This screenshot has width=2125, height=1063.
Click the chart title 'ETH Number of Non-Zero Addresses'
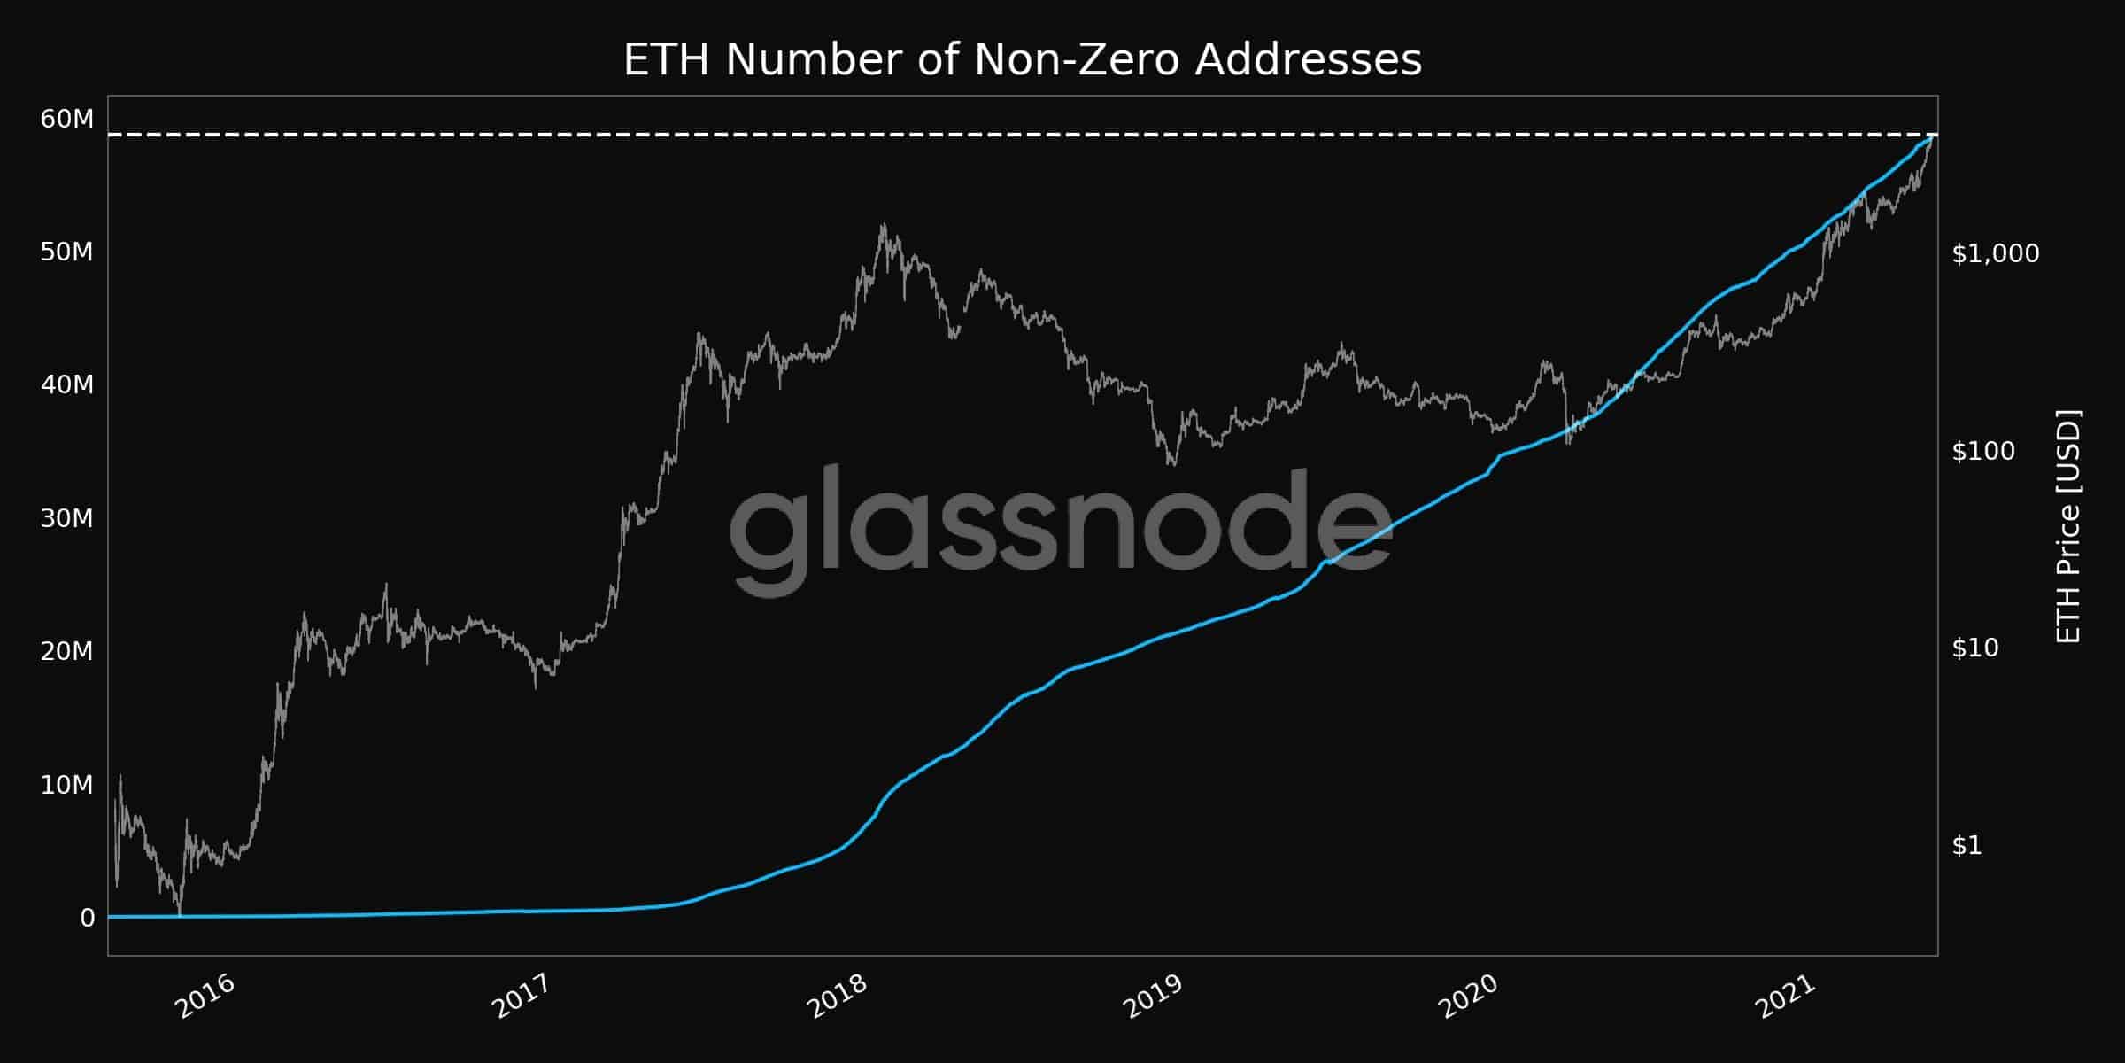click(1023, 60)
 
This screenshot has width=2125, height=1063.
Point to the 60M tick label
click(66, 119)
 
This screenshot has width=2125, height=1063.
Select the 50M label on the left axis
click(66, 252)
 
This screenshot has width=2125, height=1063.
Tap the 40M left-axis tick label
click(66, 385)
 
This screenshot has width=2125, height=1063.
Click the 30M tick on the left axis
click(66, 518)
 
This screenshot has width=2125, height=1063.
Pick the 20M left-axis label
click(66, 652)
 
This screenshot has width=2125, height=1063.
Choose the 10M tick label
click(66, 785)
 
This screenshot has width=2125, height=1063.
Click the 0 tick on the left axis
click(87, 919)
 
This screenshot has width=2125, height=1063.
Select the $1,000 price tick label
click(1995, 254)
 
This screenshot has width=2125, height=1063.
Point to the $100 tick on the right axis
click(1982, 452)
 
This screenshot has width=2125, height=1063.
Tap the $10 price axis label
click(1974, 648)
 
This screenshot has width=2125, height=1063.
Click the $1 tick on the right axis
click(1967, 846)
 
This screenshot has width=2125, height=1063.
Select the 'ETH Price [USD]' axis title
click(2067, 526)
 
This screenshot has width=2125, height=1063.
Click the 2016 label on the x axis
click(205, 997)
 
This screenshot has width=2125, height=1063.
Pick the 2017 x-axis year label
click(520, 997)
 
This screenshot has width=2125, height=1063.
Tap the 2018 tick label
click(837, 997)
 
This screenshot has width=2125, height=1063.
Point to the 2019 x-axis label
click(1152, 997)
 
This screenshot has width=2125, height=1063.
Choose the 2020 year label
click(1467, 997)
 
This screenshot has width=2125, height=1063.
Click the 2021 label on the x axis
click(1784, 997)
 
